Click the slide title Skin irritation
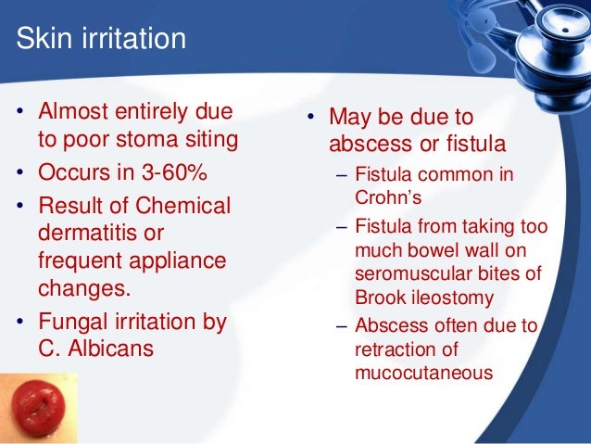(102, 40)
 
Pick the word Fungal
(71, 323)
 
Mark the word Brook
(377, 298)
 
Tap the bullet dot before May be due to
(312, 119)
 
